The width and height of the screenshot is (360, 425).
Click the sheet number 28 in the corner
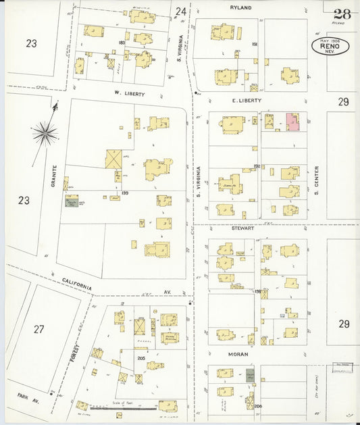point(342,13)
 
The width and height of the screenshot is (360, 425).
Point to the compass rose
point(45,132)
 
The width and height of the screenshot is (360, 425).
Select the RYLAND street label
point(240,7)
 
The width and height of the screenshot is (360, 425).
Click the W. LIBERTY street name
point(128,94)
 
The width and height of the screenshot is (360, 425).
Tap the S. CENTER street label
point(316,176)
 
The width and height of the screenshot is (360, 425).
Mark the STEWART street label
point(241,228)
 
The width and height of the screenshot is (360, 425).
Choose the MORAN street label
point(237,354)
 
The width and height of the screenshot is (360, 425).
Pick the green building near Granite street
point(71,201)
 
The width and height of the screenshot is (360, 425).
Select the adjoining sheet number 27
point(38,329)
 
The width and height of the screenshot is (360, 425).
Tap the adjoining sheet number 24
point(180,11)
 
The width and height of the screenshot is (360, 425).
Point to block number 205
point(141,359)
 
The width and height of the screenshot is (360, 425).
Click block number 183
point(122,43)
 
